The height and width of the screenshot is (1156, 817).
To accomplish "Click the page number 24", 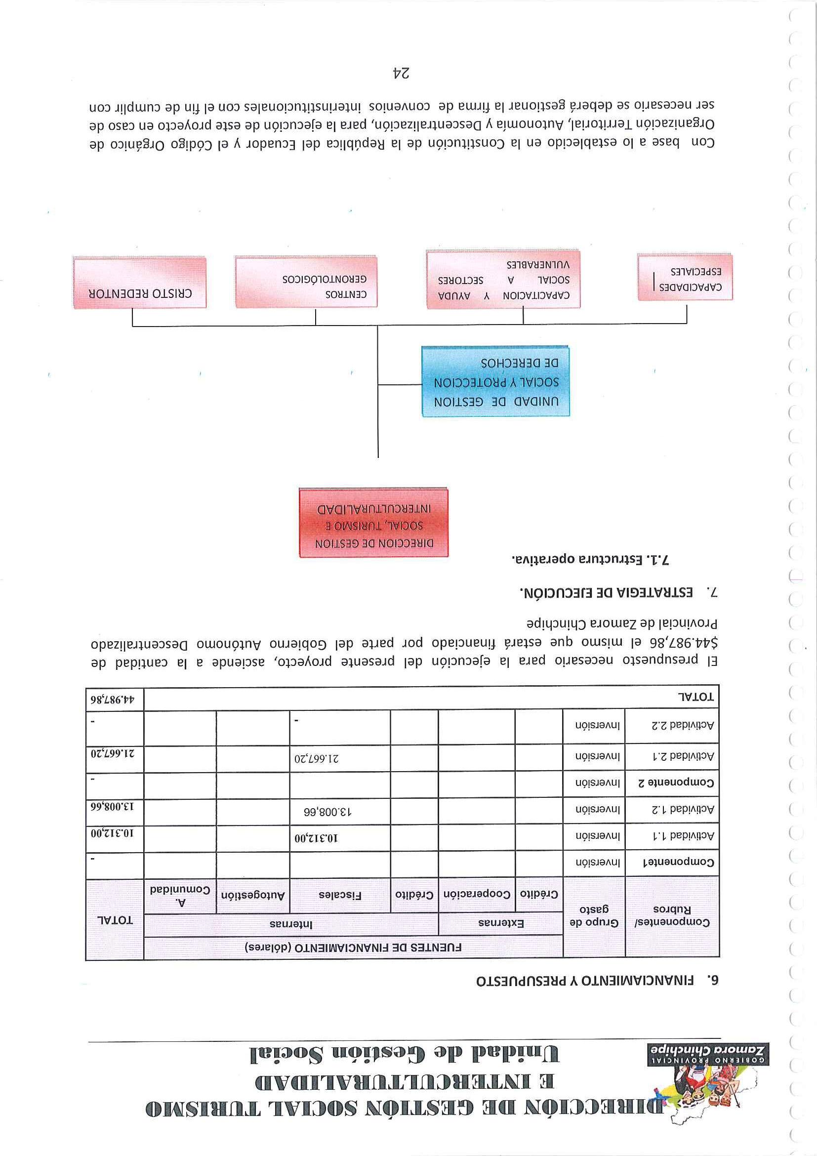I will (x=401, y=74).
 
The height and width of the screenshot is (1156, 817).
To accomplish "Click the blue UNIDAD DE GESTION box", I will (x=495, y=382).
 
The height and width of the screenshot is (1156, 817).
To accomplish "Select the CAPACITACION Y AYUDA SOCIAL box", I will (x=503, y=280).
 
